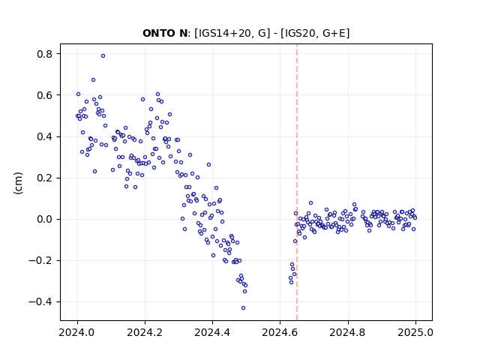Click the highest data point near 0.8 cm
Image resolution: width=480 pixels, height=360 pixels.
pos(103,55)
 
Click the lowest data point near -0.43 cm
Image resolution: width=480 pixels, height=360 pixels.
pos(243,307)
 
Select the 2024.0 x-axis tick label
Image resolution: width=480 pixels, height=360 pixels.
pos(77,332)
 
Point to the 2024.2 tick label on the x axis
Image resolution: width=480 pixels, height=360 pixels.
pos(145,332)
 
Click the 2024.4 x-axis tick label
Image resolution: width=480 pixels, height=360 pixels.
pos(212,332)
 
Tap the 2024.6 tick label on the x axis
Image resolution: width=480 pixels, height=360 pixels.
pos(280,332)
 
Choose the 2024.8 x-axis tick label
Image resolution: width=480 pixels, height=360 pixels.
pos(347,332)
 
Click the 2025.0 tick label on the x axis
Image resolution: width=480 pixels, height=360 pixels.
pos(415,332)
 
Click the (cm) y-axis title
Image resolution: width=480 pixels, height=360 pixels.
pos(18,183)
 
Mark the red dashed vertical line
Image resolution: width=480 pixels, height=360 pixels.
pos(297,182)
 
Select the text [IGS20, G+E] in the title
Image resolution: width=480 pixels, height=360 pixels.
pos(315,33)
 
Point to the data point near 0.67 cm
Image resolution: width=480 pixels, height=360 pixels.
pos(93,80)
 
